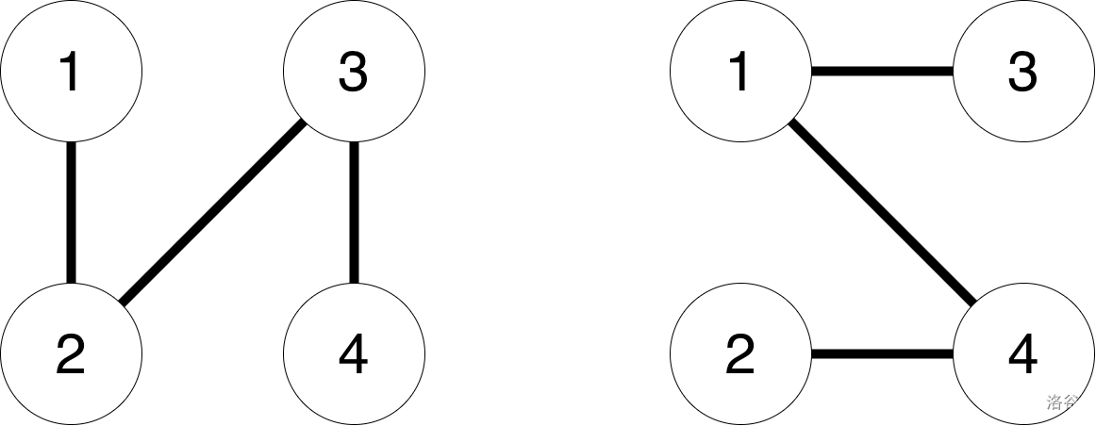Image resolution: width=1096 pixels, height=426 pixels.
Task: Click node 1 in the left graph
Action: pos(71,71)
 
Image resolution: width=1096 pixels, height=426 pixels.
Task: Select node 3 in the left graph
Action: pos(354,71)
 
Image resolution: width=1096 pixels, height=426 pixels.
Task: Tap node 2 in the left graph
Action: pos(71,354)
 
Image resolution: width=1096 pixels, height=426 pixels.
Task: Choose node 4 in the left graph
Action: pos(354,354)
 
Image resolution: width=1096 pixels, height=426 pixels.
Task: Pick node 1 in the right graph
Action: pos(740,71)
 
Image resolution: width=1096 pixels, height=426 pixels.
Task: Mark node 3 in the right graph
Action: pos(1023,71)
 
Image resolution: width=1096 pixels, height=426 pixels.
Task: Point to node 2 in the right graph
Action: pos(740,354)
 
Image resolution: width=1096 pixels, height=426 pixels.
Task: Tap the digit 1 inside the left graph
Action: pos(70,73)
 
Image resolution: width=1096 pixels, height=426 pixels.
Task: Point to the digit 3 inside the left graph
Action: pos(353,73)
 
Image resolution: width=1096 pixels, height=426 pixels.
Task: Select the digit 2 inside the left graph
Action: pos(71,355)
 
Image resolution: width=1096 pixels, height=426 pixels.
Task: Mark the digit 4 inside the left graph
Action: pos(353,355)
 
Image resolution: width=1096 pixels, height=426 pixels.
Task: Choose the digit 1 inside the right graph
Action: pos(739,73)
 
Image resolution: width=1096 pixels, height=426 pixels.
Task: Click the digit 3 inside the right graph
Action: pos(1022,73)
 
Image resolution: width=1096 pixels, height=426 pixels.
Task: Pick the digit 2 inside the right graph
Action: pos(740,355)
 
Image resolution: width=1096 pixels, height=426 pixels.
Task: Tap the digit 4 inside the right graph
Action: pos(1022,355)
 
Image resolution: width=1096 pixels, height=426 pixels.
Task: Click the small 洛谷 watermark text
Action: pos(1062,402)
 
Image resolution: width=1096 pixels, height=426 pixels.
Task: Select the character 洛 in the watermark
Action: pos(1054,402)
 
